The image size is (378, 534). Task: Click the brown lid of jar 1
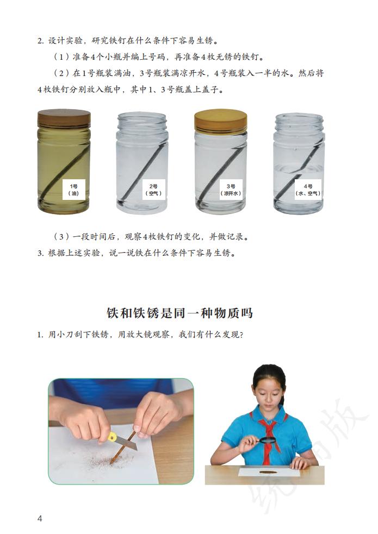(x=64, y=118)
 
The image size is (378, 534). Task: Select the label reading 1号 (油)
(x=73, y=189)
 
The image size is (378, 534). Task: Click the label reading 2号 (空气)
(x=151, y=189)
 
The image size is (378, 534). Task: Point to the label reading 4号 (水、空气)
(x=308, y=189)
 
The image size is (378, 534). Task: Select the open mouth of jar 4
(x=299, y=118)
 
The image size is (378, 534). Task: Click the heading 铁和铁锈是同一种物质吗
(x=179, y=313)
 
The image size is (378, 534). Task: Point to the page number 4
(x=40, y=518)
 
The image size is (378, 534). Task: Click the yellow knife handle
(x=113, y=436)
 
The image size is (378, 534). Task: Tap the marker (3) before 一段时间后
(x=60, y=237)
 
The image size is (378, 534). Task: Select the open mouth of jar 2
(x=142, y=118)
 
